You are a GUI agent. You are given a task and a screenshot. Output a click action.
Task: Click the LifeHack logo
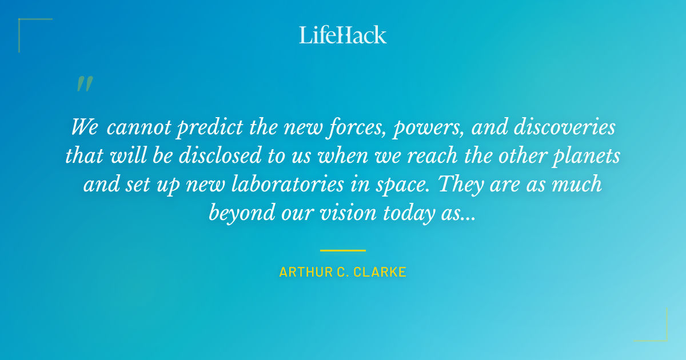coord(343,35)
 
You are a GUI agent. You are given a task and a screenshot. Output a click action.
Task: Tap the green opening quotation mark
coord(85,84)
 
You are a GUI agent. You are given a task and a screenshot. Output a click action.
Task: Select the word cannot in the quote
coord(138,127)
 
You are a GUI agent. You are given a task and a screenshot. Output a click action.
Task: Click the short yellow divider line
coord(343,250)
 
